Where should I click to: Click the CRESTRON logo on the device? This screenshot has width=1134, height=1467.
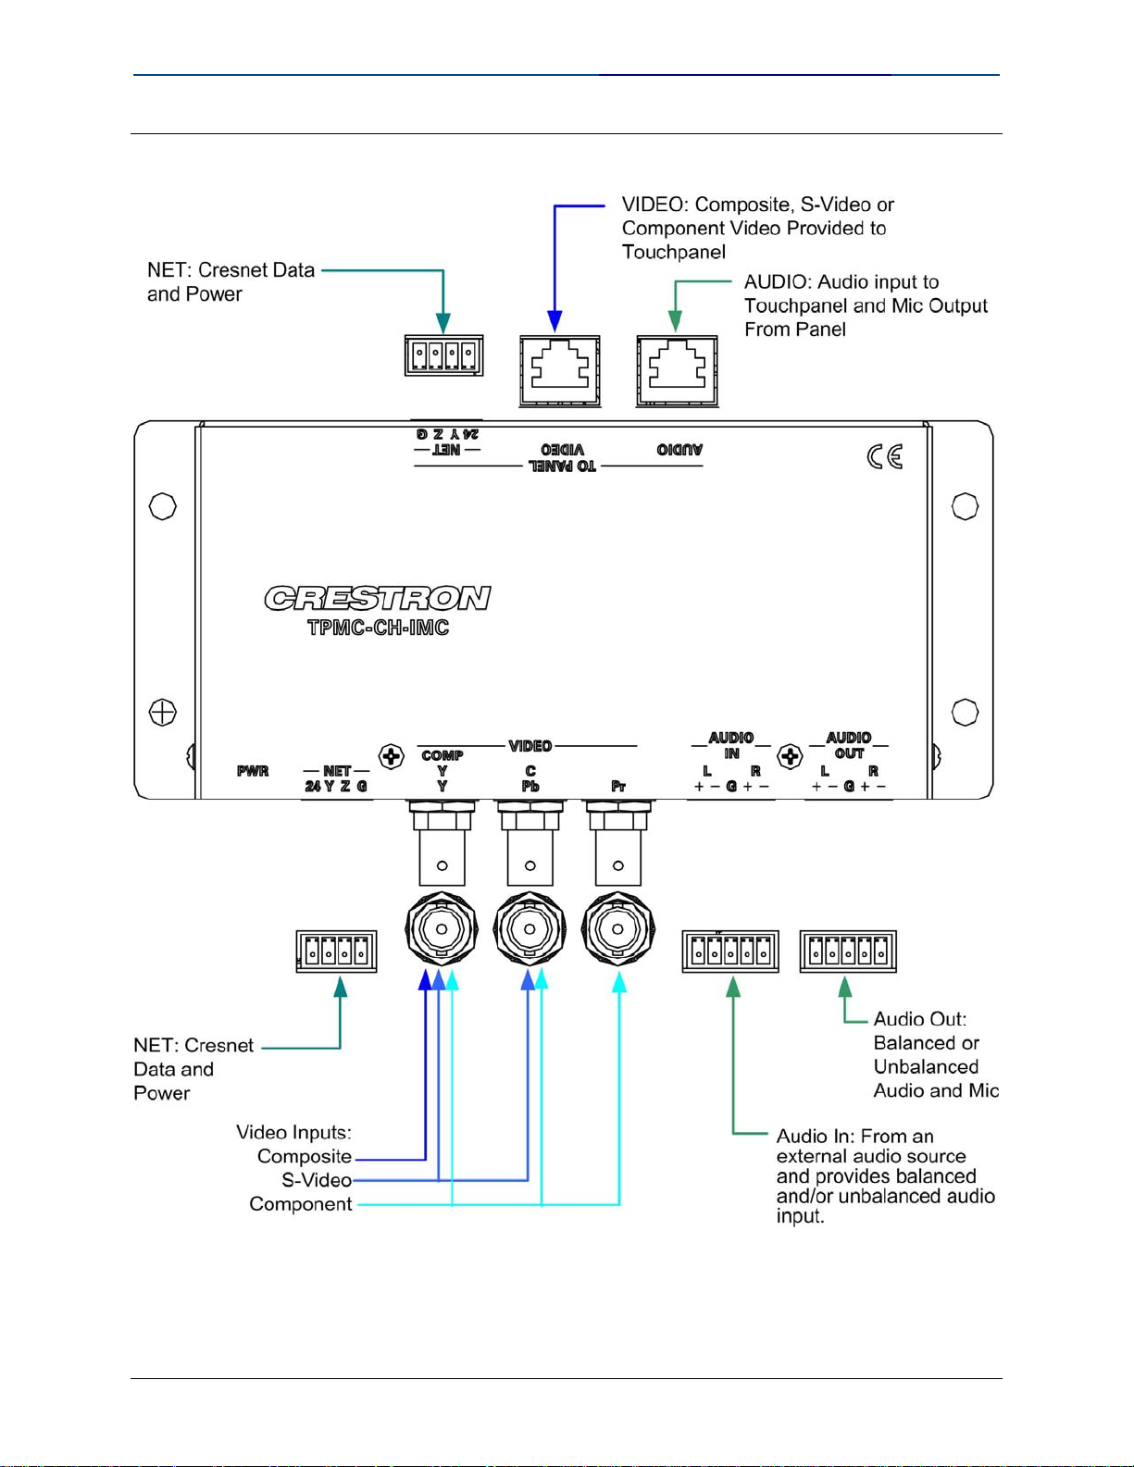click(378, 598)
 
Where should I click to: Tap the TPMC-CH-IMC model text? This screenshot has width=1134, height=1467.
click(378, 628)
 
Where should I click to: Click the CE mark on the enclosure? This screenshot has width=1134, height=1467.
click(885, 457)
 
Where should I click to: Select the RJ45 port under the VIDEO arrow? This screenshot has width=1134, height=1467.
click(559, 371)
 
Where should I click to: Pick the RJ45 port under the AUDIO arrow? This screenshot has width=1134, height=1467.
click(677, 371)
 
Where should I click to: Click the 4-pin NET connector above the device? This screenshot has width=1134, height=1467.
click(443, 355)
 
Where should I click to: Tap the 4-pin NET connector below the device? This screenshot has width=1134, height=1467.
click(336, 951)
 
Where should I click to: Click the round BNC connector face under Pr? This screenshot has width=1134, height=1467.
click(617, 929)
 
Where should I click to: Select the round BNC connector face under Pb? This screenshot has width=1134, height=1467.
click(530, 929)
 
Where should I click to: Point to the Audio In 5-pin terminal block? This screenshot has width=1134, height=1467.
click(730, 951)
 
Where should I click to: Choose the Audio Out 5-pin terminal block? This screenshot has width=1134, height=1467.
click(848, 951)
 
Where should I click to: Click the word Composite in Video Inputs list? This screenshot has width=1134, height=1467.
click(305, 1156)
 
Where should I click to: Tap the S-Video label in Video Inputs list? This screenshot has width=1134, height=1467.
click(317, 1180)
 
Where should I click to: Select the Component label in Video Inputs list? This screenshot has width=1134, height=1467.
click(300, 1204)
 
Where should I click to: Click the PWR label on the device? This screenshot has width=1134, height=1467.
click(253, 771)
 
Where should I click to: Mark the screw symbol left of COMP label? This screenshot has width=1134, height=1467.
click(392, 756)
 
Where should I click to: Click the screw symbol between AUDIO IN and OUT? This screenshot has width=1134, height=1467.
click(790, 756)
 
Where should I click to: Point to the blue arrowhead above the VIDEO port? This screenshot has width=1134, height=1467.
click(555, 320)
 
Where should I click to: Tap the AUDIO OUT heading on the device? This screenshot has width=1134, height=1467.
click(849, 745)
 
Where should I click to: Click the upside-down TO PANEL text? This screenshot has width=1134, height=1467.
click(562, 466)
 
